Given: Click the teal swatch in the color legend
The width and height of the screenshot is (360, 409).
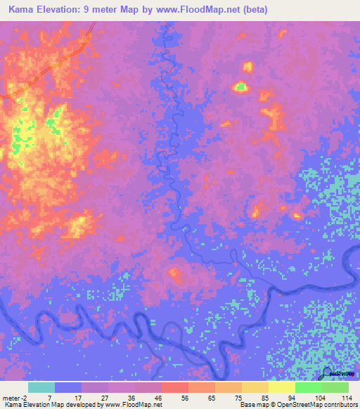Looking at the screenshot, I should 41,387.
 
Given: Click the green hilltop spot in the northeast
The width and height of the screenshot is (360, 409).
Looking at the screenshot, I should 241,87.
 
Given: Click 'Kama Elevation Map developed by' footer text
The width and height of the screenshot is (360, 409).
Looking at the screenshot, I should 53,405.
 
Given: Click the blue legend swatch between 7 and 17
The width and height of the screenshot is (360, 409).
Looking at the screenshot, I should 68,387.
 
